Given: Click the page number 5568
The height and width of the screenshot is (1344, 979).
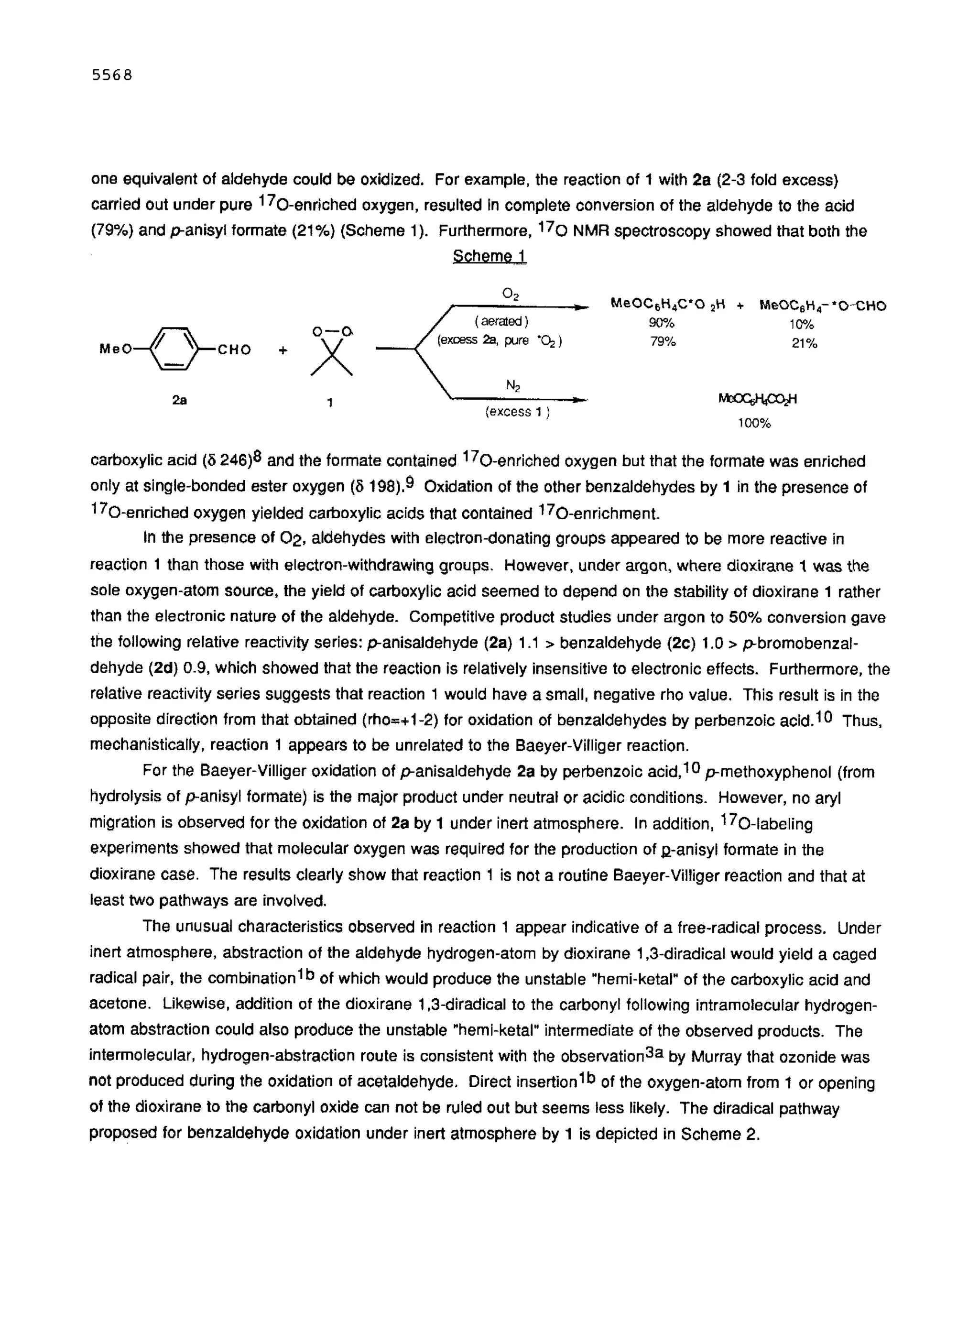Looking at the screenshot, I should (111, 75).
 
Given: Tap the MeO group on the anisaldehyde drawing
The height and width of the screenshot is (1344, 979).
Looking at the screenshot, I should (115, 350).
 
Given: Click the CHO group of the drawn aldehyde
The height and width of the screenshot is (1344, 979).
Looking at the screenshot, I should (234, 350).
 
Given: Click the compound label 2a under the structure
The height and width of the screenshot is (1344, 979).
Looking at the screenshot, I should (179, 400).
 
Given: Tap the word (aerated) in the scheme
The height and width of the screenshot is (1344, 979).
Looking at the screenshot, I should (501, 321).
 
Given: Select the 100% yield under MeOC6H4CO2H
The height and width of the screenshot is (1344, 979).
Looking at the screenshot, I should (754, 424).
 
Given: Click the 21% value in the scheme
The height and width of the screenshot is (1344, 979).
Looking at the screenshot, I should (804, 343).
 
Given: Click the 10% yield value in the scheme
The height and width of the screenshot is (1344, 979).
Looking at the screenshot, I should (801, 324).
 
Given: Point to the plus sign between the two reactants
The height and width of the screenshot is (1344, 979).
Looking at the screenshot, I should (283, 350).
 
